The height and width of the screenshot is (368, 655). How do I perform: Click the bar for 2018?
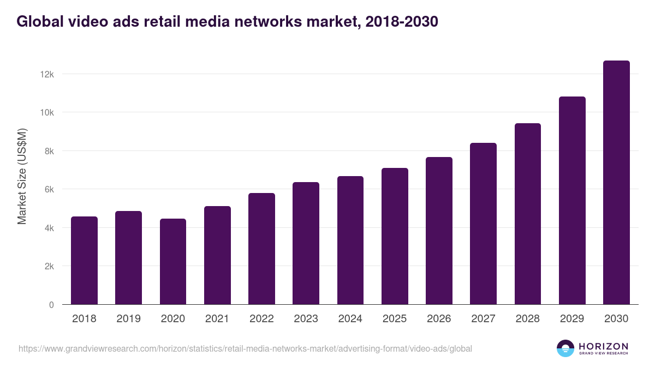(x=84, y=261)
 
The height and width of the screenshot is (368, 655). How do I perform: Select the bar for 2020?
(x=173, y=262)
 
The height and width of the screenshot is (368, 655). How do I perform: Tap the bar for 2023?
(x=306, y=243)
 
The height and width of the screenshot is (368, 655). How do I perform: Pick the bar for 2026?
(x=439, y=231)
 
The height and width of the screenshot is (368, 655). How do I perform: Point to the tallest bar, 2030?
(x=616, y=183)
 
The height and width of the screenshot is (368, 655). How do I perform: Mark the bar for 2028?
(x=527, y=214)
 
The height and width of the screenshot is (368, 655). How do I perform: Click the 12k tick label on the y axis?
(x=47, y=74)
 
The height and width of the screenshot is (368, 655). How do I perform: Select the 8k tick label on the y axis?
(x=49, y=151)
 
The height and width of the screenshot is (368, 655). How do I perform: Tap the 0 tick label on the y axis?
(x=51, y=305)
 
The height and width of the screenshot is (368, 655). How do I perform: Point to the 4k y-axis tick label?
(x=49, y=228)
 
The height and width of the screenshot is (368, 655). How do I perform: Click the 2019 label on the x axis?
(x=128, y=319)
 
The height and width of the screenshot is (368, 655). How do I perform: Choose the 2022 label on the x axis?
(x=261, y=319)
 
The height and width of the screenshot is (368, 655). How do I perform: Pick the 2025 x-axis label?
(x=395, y=319)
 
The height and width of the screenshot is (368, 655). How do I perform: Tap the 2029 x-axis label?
(x=572, y=319)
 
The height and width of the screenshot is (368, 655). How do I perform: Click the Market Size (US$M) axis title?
(x=22, y=177)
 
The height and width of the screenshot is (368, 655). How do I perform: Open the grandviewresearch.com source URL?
(x=245, y=348)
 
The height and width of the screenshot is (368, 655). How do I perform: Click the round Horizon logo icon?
(x=565, y=348)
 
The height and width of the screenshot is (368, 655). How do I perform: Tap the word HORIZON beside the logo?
(x=603, y=346)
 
